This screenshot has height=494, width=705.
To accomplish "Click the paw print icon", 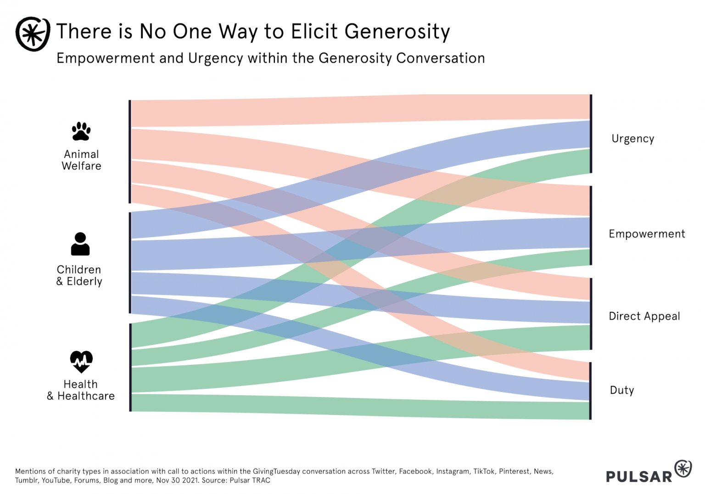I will click(81, 131).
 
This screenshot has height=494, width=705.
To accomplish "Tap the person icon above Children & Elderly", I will click(80, 244).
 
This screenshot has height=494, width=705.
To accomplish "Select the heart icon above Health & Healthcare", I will click(81, 362).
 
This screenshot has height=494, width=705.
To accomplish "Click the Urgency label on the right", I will click(632, 139).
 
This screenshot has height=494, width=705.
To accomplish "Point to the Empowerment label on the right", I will click(647, 234).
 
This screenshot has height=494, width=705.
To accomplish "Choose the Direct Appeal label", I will click(644, 316).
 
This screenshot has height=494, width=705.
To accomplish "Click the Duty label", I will click(621, 390).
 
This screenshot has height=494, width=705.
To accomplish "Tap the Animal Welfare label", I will click(81, 160).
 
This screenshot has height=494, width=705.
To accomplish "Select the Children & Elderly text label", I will click(79, 275).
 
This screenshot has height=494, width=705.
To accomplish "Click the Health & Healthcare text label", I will click(81, 390).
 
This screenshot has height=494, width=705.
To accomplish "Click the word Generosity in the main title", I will click(397, 32).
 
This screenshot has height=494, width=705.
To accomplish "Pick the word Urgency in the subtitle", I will click(215, 58).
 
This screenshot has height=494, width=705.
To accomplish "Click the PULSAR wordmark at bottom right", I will click(639, 477).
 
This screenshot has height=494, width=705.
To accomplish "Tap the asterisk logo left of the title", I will click(33, 34).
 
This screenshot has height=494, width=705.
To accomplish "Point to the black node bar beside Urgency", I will click(591, 134).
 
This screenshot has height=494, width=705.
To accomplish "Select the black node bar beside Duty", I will click(590, 391).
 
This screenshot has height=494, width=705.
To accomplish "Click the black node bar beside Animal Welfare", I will click(130, 151).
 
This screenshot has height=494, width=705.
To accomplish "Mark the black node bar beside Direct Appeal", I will click(591, 314).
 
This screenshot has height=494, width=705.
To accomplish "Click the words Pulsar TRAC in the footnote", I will click(250, 481).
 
